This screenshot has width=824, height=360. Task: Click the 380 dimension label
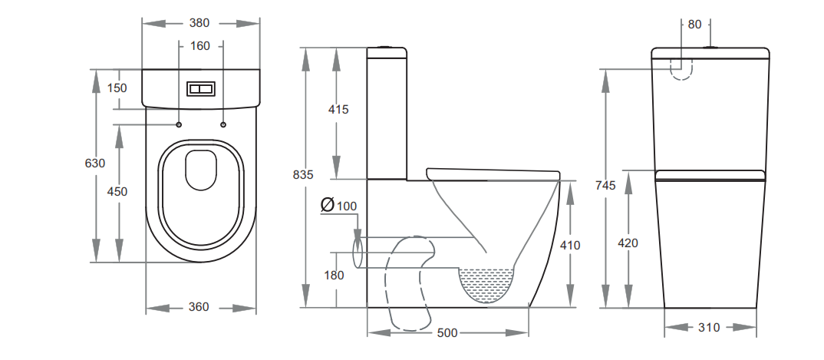(x=199, y=23)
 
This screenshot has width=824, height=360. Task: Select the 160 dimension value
(x=199, y=46)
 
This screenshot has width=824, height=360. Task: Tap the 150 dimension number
(x=117, y=88)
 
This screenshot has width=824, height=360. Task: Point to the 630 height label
(x=95, y=163)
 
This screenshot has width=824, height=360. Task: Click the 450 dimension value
(x=117, y=192)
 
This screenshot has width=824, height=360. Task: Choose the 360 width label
(x=199, y=307)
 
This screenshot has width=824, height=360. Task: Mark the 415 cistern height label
(x=338, y=110)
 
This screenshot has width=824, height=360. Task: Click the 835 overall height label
(x=303, y=175)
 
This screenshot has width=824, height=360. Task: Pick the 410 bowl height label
(x=570, y=246)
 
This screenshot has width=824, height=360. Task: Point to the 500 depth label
(x=448, y=333)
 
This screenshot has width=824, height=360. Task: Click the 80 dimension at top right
(x=694, y=25)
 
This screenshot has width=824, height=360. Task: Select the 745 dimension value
(x=606, y=185)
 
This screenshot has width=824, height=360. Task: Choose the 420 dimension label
(x=628, y=243)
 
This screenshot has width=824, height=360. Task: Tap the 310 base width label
(x=709, y=328)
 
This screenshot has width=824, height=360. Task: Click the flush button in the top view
(x=201, y=89)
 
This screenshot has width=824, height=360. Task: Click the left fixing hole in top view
(x=179, y=125)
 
